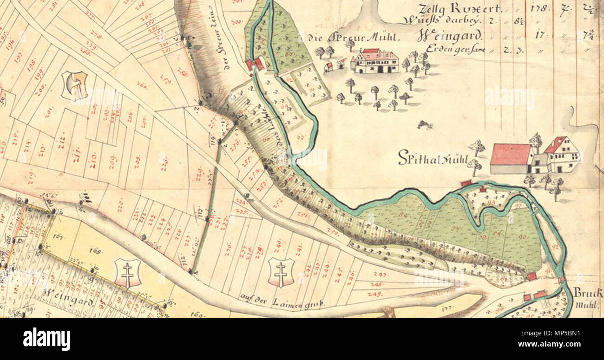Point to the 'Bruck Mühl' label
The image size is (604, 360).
[x=588, y=298]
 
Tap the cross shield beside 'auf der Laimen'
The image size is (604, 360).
[x=281, y=272]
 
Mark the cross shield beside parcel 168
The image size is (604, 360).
[x=127, y=273]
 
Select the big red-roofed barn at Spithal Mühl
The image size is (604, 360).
[x=510, y=159]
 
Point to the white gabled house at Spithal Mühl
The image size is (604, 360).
[x=562, y=155]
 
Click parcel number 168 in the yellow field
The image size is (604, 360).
[x=95, y=252]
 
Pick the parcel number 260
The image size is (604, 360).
[x=142, y=85]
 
